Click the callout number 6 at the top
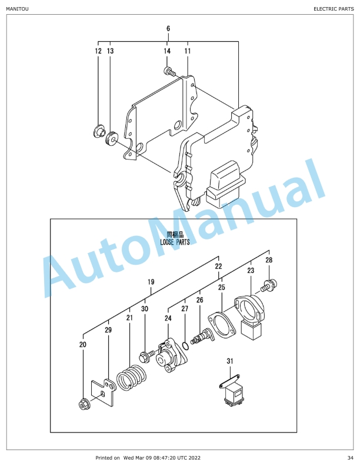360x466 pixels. click(168, 28)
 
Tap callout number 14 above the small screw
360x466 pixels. click(167, 51)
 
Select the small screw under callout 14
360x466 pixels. click(169, 71)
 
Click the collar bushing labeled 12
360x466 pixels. click(99, 131)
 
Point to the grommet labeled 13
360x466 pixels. click(112, 138)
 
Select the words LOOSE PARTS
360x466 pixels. click(175, 242)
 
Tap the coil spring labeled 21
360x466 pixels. click(131, 377)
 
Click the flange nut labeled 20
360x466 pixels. click(84, 404)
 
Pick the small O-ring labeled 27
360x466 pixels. click(185, 346)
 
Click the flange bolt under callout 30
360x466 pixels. click(146, 355)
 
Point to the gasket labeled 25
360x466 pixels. click(222, 325)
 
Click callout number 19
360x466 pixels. click(151, 282)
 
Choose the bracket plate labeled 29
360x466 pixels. click(103, 392)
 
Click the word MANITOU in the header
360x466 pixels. click(17, 9)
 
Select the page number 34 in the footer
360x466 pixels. click(350, 458)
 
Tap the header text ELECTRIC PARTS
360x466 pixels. click(334, 9)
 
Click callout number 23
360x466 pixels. click(251, 271)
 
